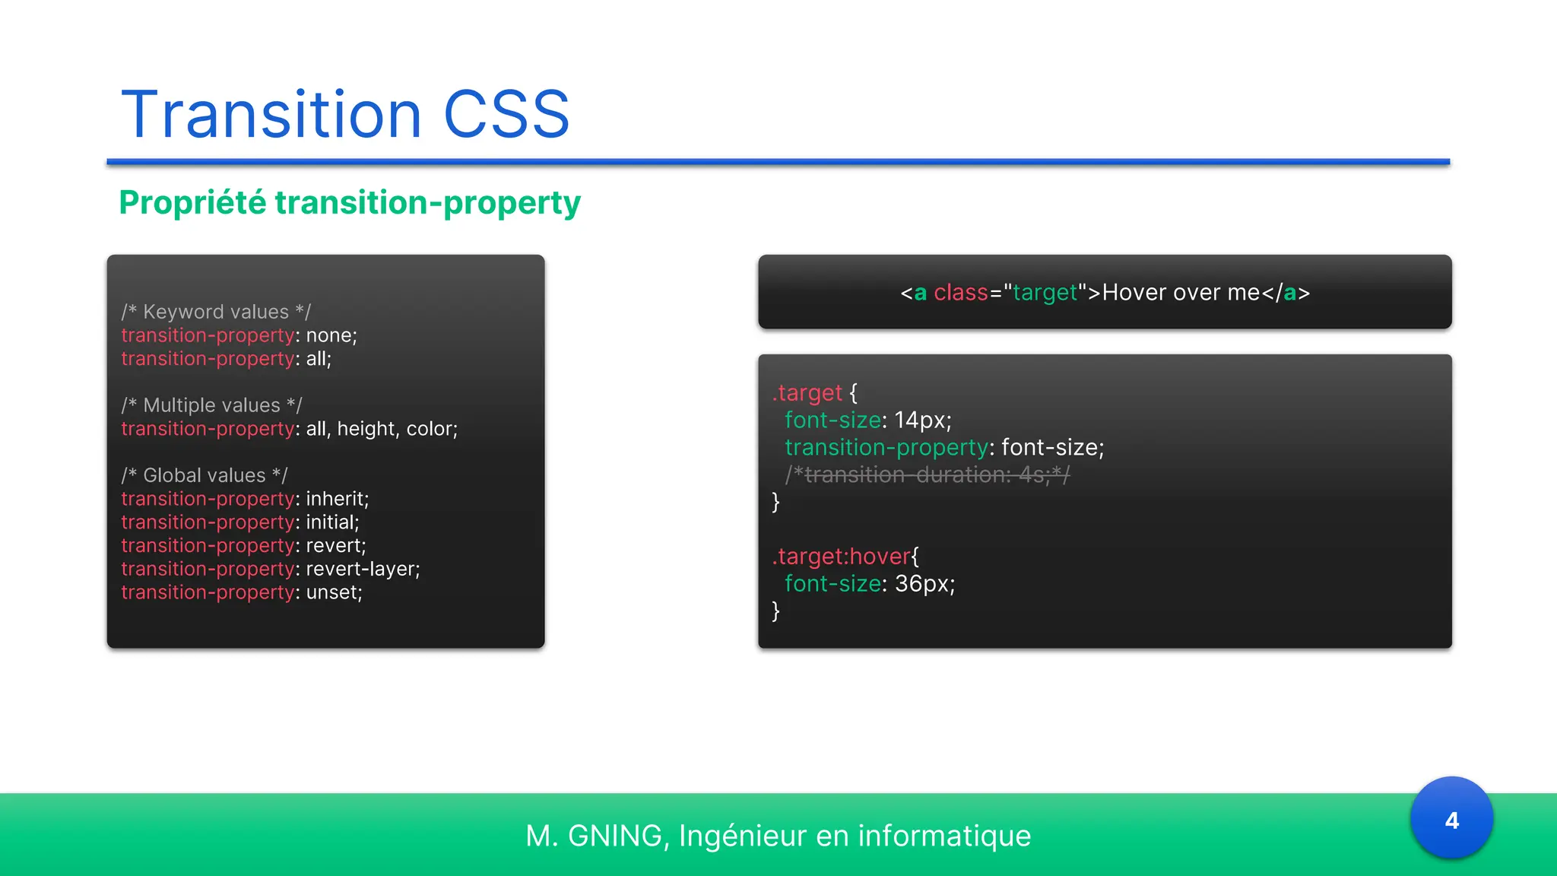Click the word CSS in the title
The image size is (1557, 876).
point(506,115)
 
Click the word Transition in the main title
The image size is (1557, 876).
point(271,115)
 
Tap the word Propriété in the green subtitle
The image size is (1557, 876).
point(193,202)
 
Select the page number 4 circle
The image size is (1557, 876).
point(1451,819)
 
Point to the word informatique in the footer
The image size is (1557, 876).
point(943,836)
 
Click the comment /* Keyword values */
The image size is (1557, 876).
point(216,312)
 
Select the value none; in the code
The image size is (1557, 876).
point(331,335)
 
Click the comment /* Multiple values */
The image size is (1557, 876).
point(211,405)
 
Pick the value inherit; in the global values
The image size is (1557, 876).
point(337,499)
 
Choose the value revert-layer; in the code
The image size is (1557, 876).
point(363,569)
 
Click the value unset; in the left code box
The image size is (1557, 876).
point(334,592)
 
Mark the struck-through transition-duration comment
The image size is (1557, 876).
point(928,474)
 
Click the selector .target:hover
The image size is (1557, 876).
point(841,557)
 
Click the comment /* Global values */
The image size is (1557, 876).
point(205,475)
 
